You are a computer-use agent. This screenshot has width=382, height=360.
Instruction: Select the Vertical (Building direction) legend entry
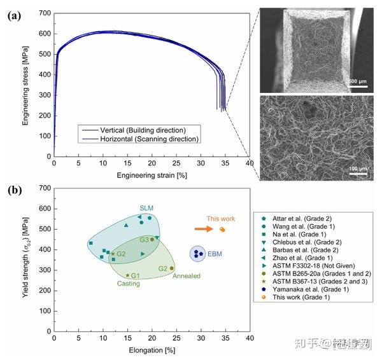pyautogui.click(x=136, y=129)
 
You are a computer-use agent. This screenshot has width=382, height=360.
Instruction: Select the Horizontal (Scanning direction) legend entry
pyautogui.click(x=139, y=139)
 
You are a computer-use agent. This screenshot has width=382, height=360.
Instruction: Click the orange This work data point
pyautogui.click(x=222, y=229)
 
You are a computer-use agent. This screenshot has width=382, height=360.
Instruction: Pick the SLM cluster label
pyautogui.click(x=147, y=208)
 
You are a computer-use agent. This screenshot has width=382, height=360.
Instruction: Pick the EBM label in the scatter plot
pyautogui.click(x=215, y=254)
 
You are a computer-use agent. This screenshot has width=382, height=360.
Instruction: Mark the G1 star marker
pyautogui.click(x=127, y=275)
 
